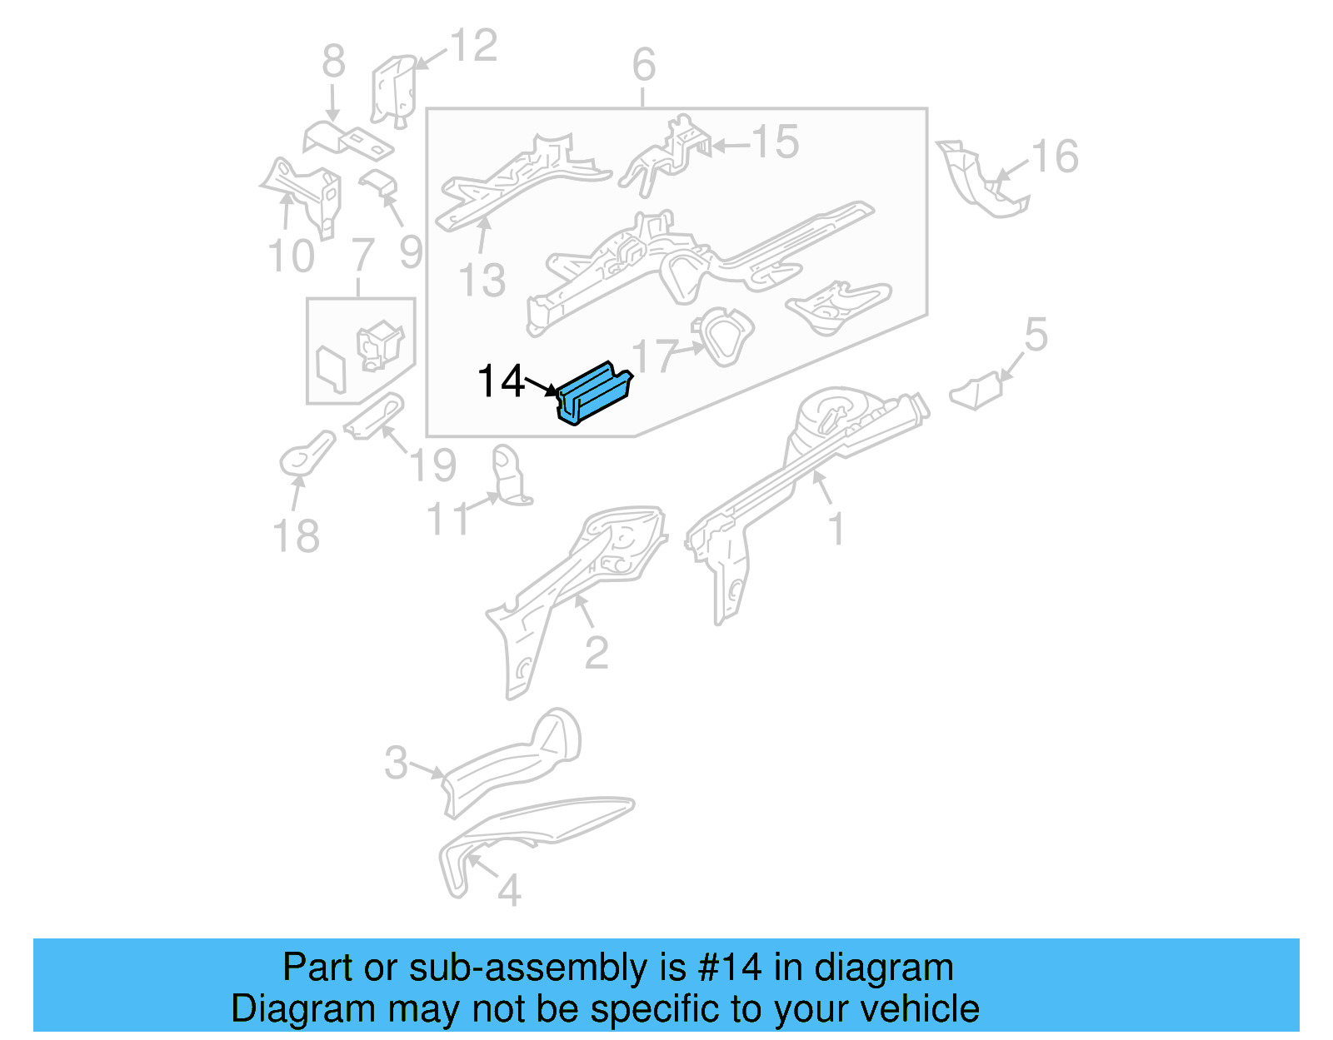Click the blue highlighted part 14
tap(595, 394)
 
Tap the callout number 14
tap(501, 381)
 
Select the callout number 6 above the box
tap(644, 65)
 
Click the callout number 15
tap(776, 142)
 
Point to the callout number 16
tap(1055, 157)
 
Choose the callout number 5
tap(1036, 335)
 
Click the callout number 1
tap(836, 530)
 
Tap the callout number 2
tap(597, 653)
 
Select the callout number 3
tap(397, 763)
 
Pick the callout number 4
tap(509, 891)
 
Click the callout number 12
tap(474, 46)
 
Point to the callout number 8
tap(333, 62)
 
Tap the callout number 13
tap(482, 280)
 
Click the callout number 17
tap(654, 356)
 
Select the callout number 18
tap(297, 536)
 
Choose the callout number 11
tap(447, 519)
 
